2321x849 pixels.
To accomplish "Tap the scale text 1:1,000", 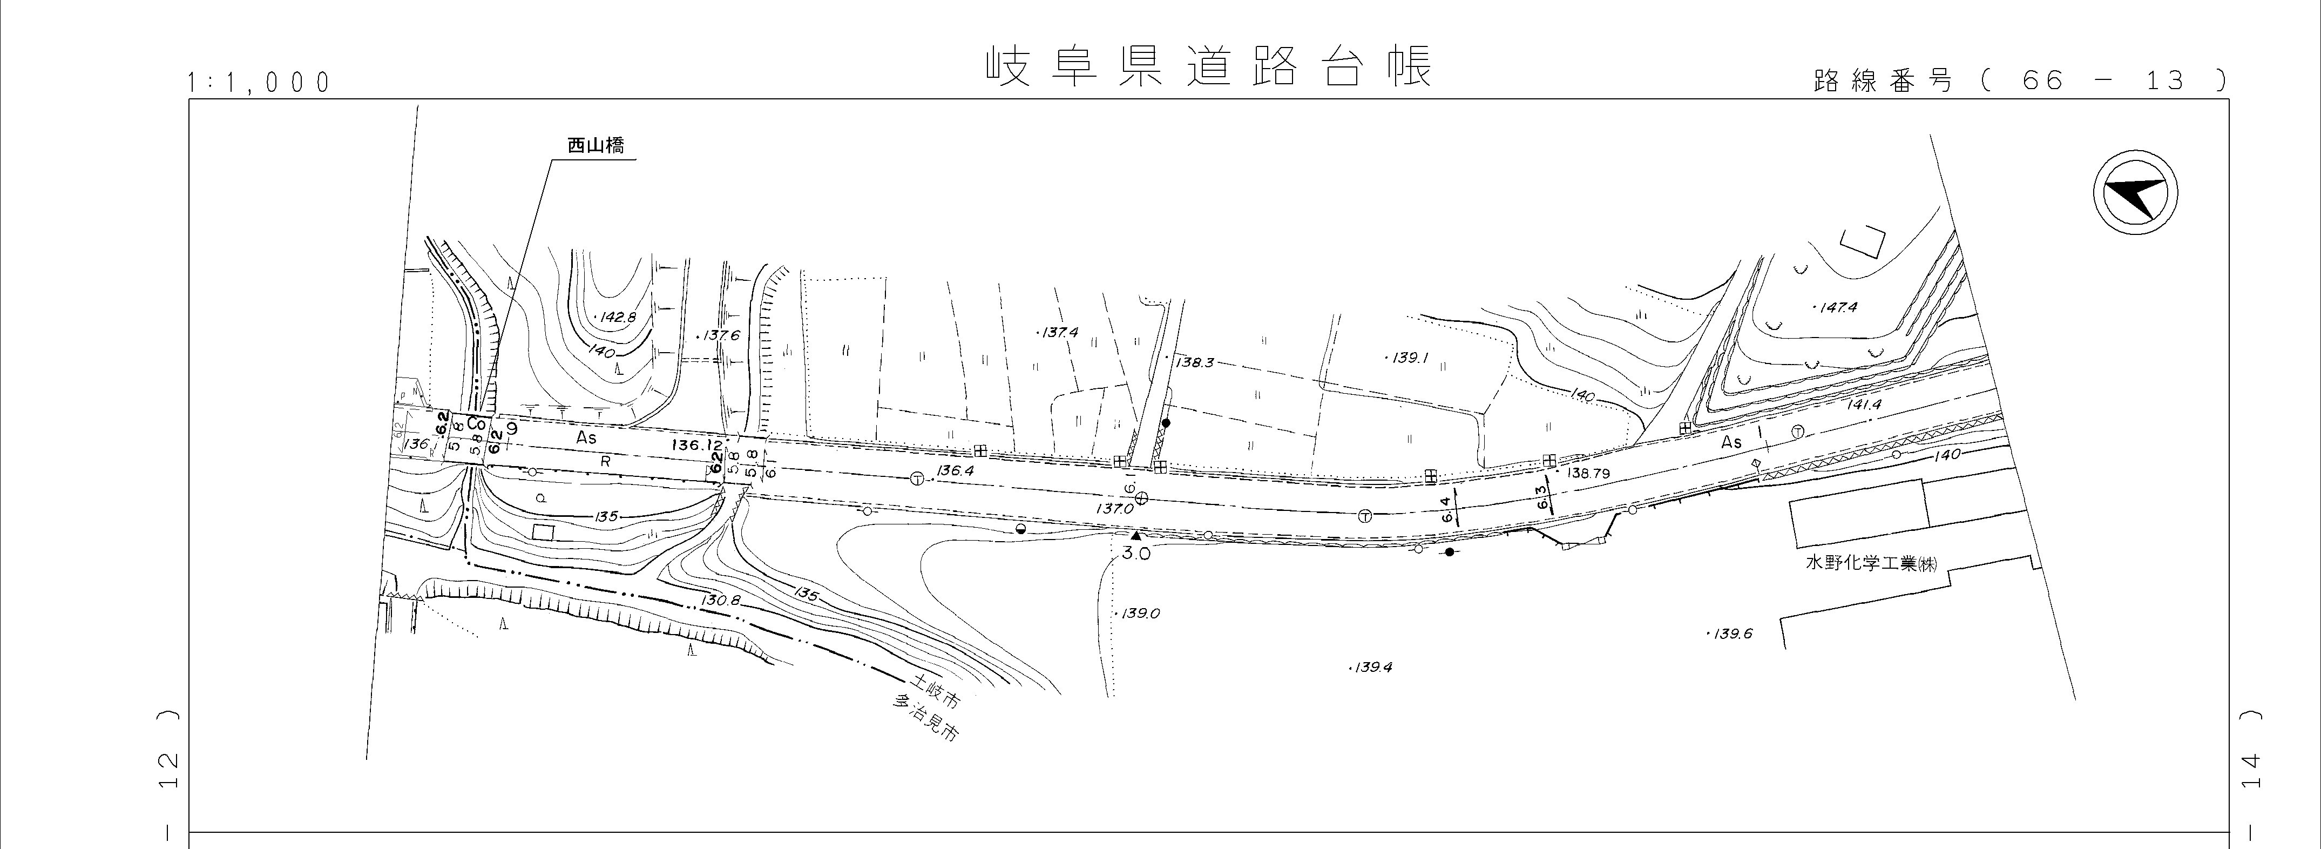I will point(259,83).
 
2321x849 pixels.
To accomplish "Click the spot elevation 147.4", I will point(1837,307).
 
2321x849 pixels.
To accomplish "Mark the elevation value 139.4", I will point(1373,668).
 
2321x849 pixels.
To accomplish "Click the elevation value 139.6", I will point(1732,634).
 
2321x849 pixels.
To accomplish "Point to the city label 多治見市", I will point(925,717).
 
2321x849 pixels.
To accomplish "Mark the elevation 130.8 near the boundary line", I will point(722,599).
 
